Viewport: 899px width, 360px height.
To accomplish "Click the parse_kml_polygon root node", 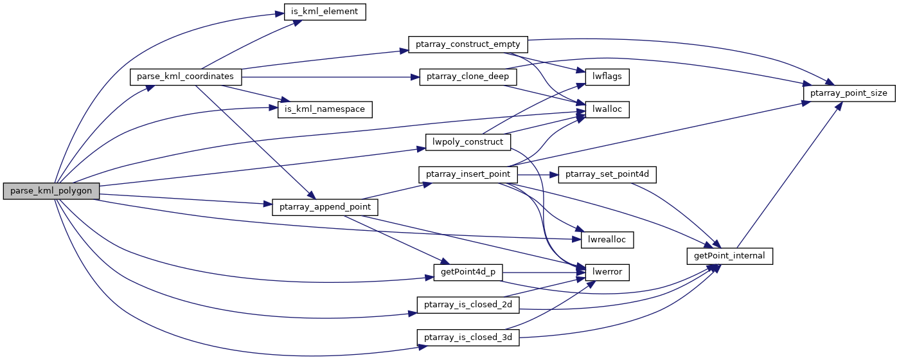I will pos(51,191).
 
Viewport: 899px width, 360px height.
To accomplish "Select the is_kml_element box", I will pos(325,11).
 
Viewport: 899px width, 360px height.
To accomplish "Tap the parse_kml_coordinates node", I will pos(186,76).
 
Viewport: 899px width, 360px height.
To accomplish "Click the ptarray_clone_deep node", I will pos(468,76).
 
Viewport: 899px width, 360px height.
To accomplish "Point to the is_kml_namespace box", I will pos(325,109).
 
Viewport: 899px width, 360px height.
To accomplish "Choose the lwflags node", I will pos(606,76).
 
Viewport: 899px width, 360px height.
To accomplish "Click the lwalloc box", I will pos(606,109).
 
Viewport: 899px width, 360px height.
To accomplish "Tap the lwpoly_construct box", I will pos(468,141).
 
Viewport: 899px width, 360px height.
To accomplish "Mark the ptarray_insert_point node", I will pos(468,174).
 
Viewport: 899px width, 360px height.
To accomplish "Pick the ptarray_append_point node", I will pos(325,207).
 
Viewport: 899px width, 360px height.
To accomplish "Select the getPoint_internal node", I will pos(729,256).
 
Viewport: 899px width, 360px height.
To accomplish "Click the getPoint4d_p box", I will pos(468,272).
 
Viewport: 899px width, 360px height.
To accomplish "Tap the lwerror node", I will pos(606,272).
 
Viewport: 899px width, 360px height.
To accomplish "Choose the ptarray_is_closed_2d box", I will pos(468,305).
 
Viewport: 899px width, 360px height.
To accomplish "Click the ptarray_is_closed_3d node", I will pos(468,337).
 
